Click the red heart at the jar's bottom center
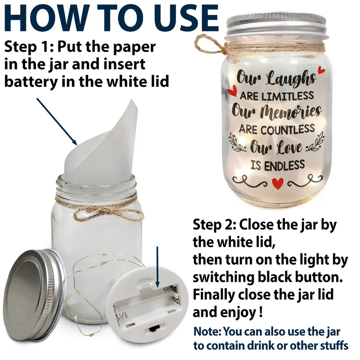pyautogui.click(x=278, y=183)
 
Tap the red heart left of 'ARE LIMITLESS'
pyautogui.click(x=232, y=91)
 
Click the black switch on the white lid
pyautogui.click(x=153, y=329)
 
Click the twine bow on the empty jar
pyautogui.click(x=108, y=212)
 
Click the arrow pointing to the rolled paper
pyautogui.click(x=57, y=121)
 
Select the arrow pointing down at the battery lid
pyautogui.click(x=157, y=267)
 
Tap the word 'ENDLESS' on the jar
pyautogui.click(x=285, y=165)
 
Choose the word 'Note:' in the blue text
pyautogui.click(x=207, y=332)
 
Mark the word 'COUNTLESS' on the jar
pyautogui.click(x=288, y=130)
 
